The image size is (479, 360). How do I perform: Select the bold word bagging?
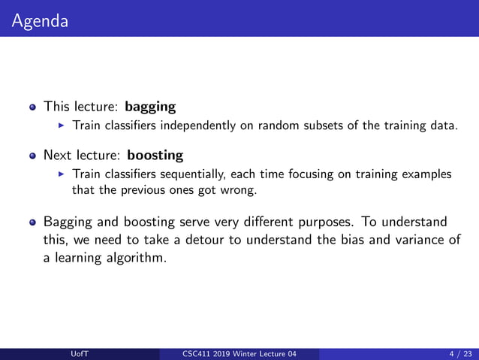pyautogui.click(x=150, y=106)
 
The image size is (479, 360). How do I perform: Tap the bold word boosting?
pyautogui.click(x=155, y=156)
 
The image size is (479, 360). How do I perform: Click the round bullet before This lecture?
pyautogui.click(x=32, y=107)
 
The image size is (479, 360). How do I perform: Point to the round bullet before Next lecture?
pyautogui.click(x=32, y=157)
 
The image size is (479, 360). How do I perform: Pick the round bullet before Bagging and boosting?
pyautogui.click(x=32, y=222)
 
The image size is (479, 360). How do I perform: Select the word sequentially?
pyautogui.click(x=199, y=174)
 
